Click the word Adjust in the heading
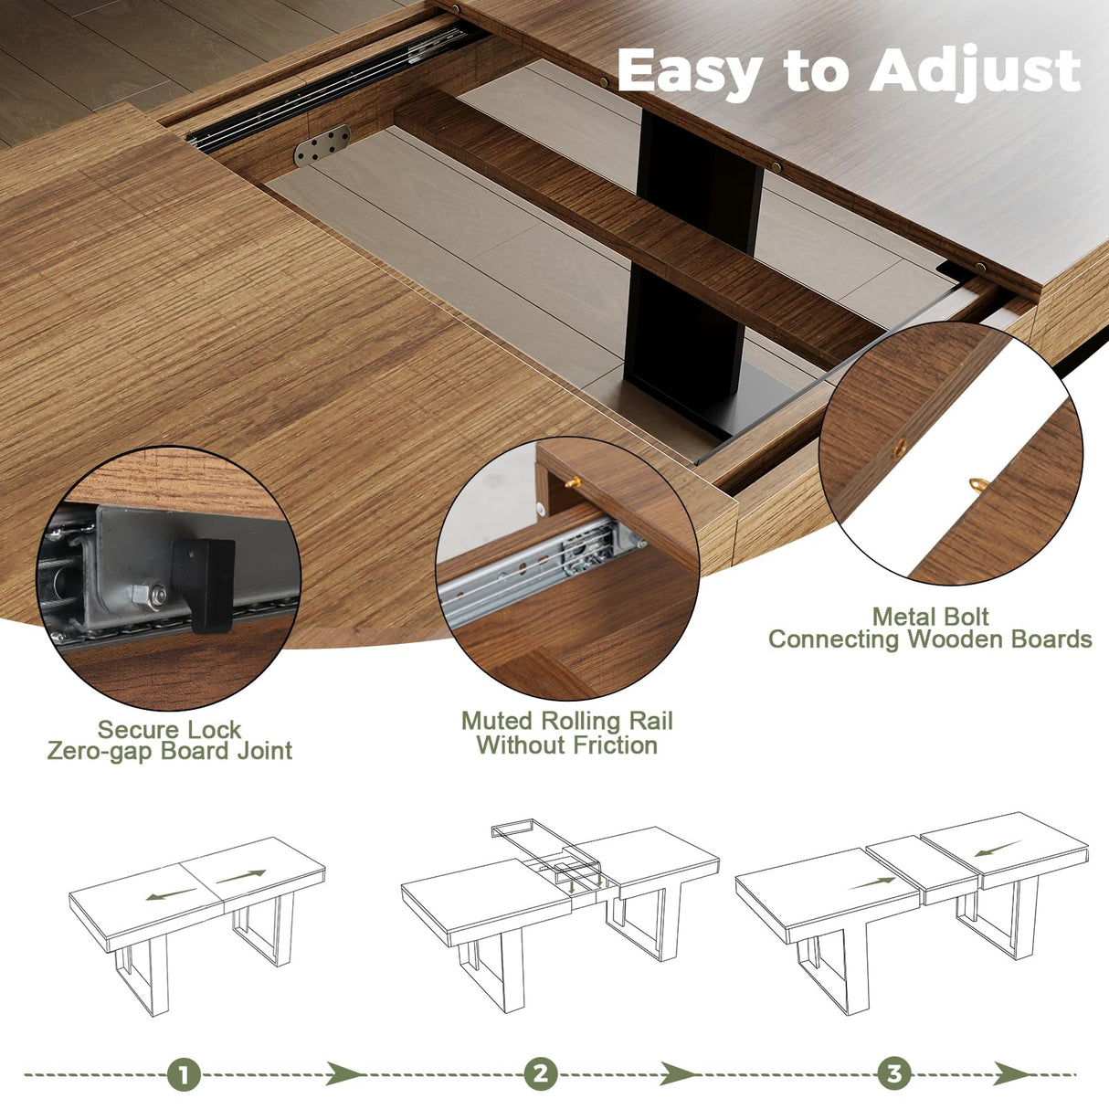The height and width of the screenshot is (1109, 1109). point(975,71)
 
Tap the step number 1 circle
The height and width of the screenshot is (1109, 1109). point(184,1074)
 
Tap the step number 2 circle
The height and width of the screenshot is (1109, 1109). point(541,1074)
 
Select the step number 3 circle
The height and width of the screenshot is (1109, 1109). point(894,1074)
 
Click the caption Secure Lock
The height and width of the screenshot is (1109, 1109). point(169,730)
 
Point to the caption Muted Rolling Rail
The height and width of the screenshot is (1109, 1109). point(566,721)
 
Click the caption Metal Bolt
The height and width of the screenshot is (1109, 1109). point(930,617)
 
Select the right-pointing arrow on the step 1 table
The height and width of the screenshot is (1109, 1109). point(240,876)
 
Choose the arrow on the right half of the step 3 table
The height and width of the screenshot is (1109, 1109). point(996,850)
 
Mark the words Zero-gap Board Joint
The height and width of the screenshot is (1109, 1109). point(169,752)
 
